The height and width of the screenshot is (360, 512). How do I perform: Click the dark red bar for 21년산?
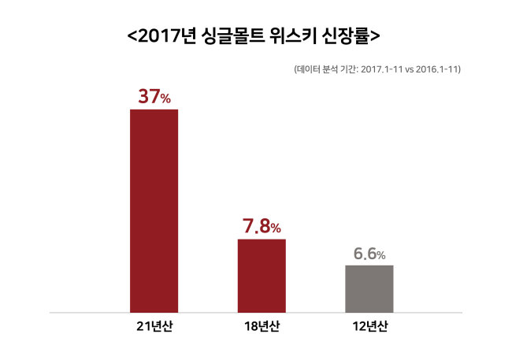coord(154,211)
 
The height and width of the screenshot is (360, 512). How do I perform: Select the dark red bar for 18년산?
coord(262,276)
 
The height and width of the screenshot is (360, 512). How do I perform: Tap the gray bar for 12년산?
coord(369,289)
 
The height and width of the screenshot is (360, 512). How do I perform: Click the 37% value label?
coord(154,97)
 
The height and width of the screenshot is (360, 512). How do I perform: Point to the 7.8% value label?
coord(262,226)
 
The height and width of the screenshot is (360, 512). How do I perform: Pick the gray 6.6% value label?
coord(369,254)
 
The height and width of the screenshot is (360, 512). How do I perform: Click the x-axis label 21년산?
coord(154,326)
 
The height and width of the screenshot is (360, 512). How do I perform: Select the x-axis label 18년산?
coord(262,326)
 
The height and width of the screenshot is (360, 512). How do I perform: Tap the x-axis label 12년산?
coord(370,326)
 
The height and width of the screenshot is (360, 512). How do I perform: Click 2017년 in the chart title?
coord(166,35)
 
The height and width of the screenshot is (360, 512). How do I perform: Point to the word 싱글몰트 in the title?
coord(232,35)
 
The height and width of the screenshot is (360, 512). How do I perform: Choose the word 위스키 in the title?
coord(292,35)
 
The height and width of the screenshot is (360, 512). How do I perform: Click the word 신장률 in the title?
coord(345,35)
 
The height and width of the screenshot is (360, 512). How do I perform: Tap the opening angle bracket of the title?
coord(132,36)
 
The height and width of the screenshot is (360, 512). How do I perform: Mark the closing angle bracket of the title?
coord(375,36)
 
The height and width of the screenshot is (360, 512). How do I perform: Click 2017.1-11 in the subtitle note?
coord(381,69)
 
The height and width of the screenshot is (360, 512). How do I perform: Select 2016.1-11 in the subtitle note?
coord(436,69)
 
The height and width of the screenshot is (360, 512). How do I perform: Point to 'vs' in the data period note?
coord(409,70)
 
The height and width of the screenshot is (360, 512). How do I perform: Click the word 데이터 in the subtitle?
coord(308,69)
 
